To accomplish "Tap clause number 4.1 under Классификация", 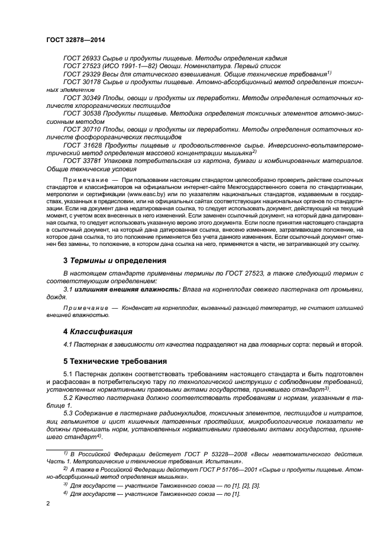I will tap(67, 344).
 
